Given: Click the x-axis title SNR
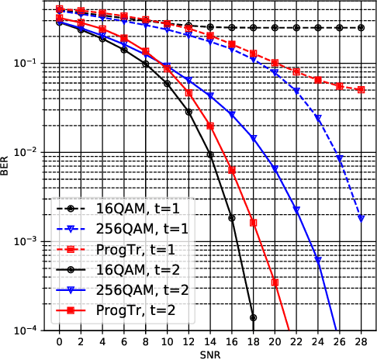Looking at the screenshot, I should (210, 353).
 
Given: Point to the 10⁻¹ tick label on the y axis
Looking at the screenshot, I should (31, 63).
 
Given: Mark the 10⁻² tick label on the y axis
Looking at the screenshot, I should (31, 152).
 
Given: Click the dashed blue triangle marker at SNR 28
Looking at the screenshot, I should (361, 219).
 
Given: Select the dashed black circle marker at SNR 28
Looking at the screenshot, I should (361, 28).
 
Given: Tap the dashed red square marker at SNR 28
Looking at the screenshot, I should (361, 90).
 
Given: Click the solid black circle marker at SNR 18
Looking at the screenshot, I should (254, 317).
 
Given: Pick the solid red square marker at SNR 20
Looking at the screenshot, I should (275, 282).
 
